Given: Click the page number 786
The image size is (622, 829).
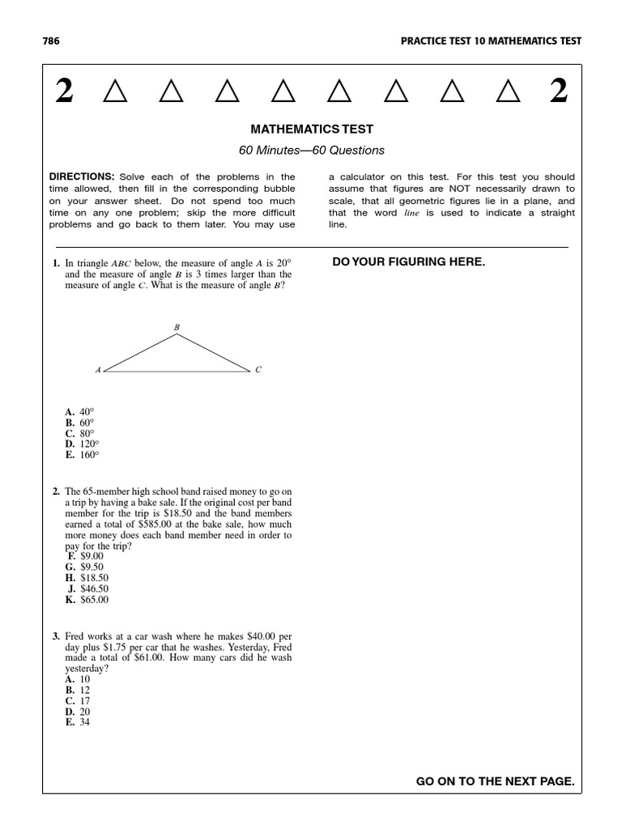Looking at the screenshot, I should click(x=50, y=41).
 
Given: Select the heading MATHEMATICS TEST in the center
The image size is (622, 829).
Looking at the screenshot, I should click(x=311, y=130).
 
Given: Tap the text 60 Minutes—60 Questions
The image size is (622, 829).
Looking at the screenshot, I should click(x=311, y=151).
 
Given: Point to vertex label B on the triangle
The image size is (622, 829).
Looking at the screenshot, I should click(x=177, y=327).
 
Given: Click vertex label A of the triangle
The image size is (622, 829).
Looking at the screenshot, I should click(x=98, y=370).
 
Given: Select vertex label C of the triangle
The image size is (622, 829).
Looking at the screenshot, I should click(x=258, y=370).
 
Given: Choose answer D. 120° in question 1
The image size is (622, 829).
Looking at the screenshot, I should click(x=82, y=444).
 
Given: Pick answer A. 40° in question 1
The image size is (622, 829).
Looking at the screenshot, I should click(x=79, y=412).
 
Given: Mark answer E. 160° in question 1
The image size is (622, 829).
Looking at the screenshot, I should click(x=82, y=455).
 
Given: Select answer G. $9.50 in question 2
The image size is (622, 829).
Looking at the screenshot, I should click(x=84, y=568).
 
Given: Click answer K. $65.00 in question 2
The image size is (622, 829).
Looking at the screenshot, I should click(x=87, y=600).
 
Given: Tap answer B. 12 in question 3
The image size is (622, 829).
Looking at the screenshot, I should click(x=78, y=691).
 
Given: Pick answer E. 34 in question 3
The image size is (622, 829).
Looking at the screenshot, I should click(x=78, y=722).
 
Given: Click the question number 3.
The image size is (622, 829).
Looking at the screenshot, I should click(x=56, y=637).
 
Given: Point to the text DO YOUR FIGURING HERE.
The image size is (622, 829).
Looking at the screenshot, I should click(x=409, y=261).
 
